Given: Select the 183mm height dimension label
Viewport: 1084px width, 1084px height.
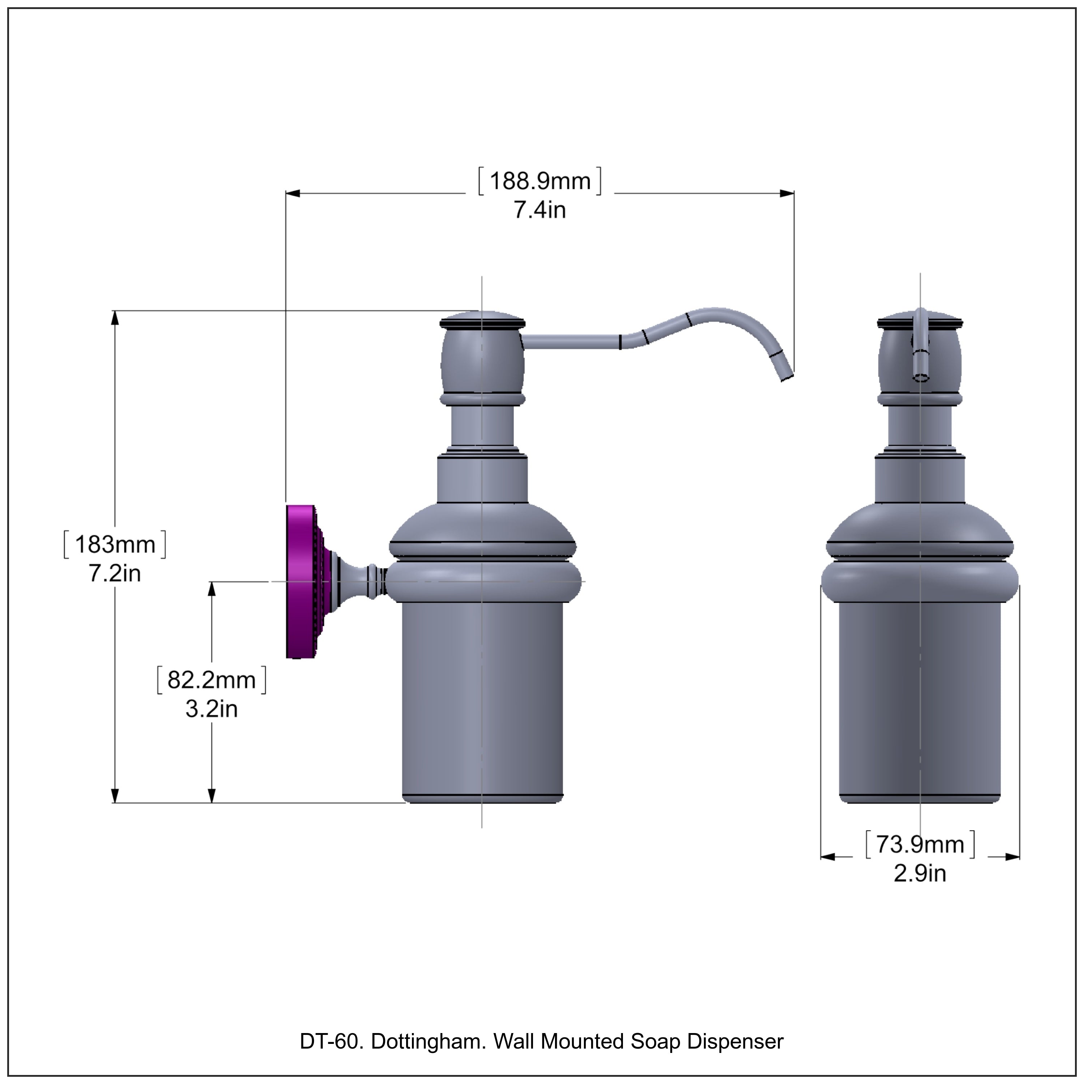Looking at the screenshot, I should (115, 544).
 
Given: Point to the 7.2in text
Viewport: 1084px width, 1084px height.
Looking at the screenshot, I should (115, 573).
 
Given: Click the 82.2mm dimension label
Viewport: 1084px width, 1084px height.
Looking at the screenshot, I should (211, 680).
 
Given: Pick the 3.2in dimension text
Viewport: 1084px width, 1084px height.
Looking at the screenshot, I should (211, 709).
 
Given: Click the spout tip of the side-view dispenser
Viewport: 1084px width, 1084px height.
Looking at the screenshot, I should (787, 375).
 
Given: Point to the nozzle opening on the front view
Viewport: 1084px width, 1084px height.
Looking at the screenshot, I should (920, 377).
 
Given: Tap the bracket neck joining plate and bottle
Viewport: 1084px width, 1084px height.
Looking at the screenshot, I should (359, 581).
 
